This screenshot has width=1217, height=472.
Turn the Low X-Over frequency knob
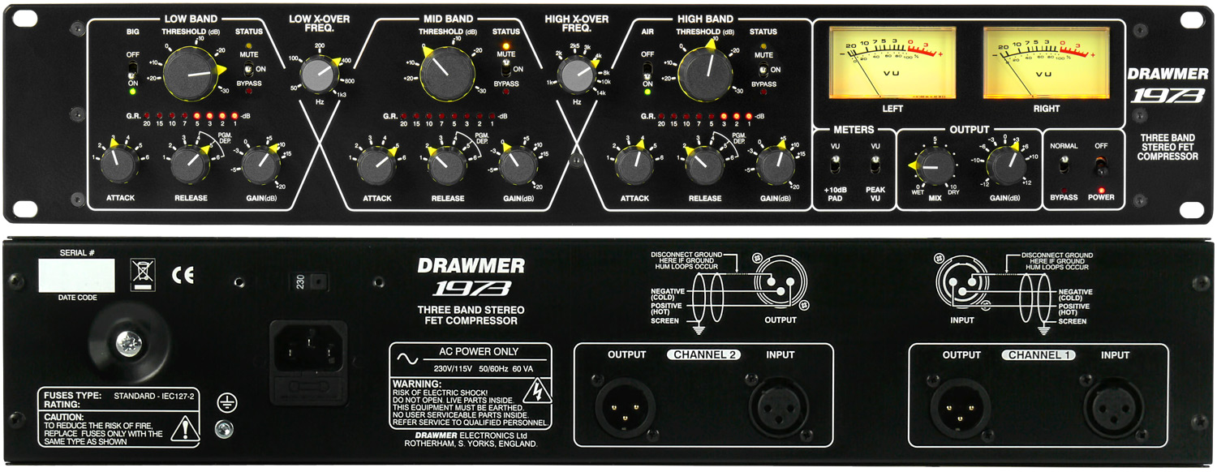(319, 78)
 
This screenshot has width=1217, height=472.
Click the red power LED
(1101, 189)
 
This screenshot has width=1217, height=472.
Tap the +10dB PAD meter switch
(836, 165)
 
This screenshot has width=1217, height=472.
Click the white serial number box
(77, 276)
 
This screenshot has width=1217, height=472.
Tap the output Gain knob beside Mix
(1004, 166)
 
